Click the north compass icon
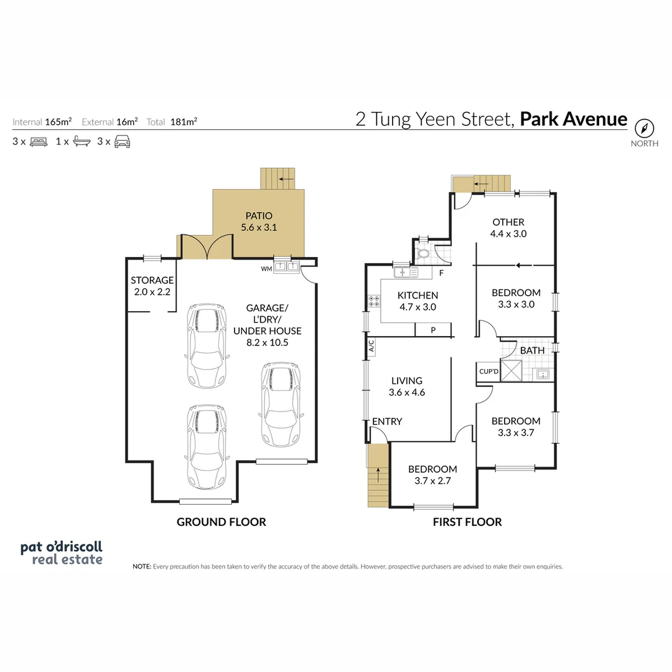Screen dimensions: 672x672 pos(645,128)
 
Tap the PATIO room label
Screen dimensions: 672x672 pos(259,215)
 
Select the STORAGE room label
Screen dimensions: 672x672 pos(152,281)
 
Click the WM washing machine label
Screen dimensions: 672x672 pos(266,269)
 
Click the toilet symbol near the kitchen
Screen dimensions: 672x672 pos(424,253)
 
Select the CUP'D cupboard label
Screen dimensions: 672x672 pos(488,372)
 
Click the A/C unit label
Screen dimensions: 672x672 pos(371,346)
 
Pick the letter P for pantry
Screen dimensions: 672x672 pos(434,330)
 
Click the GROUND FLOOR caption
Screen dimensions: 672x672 pos(221,522)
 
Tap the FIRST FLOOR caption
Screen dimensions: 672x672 pos(467,522)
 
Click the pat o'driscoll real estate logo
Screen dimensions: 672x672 pos(62,553)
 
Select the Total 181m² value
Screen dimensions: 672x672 pos(184,122)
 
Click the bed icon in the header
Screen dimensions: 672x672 pos(38,141)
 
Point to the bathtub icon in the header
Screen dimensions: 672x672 pos(82,141)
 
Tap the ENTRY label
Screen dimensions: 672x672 pos(387,421)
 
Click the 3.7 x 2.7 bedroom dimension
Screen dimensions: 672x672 pos(432,481)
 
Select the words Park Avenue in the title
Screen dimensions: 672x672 pos(573,118)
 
